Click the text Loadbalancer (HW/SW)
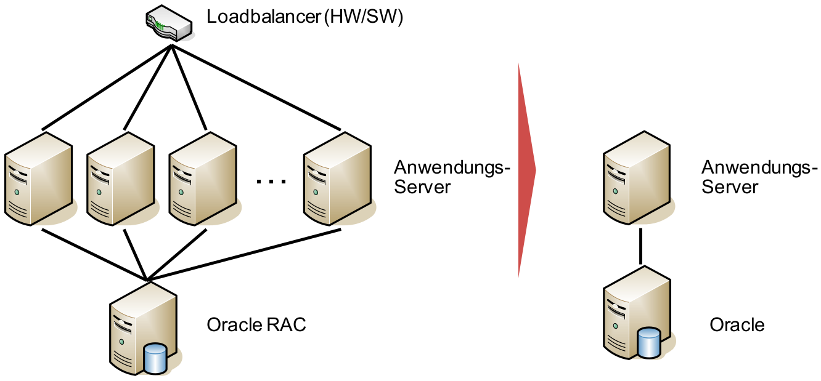(305, 17)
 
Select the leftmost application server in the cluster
(38, 178)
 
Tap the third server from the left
(202, 178)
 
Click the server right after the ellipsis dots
(337, 178)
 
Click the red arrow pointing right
(525, 170)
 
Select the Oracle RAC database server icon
(142, 326)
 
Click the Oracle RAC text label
(256, 324)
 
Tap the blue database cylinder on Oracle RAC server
(155, 359)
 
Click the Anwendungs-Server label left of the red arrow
(452, 177)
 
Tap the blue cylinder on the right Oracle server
(649, 343)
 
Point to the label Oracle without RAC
(737, 324)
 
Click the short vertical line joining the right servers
(640, 246)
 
